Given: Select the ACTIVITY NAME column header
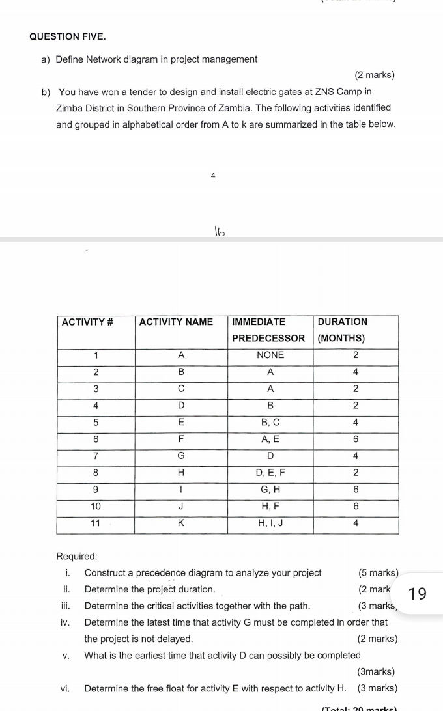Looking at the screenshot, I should (176, 322).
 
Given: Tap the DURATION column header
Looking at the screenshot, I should (342, 322).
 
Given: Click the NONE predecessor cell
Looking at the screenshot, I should (270, 355).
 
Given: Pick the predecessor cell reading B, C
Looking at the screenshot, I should (270, 423).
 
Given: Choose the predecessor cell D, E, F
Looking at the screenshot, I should (270, 473).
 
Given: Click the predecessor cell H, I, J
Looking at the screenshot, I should (270, 523).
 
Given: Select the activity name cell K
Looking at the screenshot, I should (181, 523).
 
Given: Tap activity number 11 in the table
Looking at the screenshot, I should (96, 523).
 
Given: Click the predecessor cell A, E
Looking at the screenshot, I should (270, 439).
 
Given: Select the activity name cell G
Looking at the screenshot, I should (181, 456).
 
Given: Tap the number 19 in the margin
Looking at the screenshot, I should (419, 594).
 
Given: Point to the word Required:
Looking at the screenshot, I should (77, 557).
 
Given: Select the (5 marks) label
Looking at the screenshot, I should (378, 573).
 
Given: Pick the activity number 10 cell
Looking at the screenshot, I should (96, 506).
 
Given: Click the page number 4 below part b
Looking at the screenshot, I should (213, 176).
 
